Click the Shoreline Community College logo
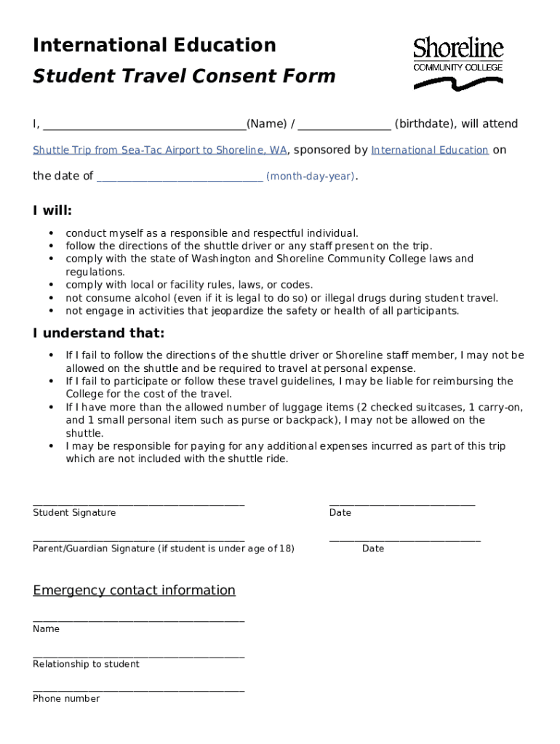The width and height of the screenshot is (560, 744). click(458, 64)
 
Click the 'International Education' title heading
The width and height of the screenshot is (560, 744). click(154, 45)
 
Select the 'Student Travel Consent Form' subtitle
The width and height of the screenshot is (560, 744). click(184, 76)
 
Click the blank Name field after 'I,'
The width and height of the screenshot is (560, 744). click(144, 125)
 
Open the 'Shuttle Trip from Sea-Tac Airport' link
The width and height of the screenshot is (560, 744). click(160, 150)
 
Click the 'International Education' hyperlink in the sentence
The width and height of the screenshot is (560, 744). click(429, 150)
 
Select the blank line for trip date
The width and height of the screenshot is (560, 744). click(179, 177)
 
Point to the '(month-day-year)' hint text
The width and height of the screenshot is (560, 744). click(311, 177)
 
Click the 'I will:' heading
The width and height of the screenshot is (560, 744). click(52, 211)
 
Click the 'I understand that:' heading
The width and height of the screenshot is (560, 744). click(98, 333)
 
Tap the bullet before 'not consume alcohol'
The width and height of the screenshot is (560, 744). click(51, 298)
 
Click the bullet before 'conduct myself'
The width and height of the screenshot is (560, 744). click(51, 233)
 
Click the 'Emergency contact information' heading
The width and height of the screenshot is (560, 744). click(134, 590)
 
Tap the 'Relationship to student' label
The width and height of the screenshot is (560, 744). click(86, 664)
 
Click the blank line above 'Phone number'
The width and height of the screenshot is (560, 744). click(138, 690)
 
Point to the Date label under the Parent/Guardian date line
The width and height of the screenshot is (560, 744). click(373, 549)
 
